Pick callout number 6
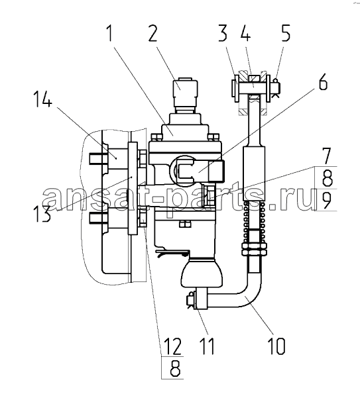(323, 81)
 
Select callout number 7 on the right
(326, 156)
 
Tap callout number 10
(276, 346)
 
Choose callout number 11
(207, 346)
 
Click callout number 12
(172, 346)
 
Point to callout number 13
(42, 214)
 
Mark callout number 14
(43, 99)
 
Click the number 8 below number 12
(175, 368)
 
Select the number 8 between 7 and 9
(326, 178)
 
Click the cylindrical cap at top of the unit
(185, 93)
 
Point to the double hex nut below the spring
(255, 249)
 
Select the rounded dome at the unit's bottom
(202, 274)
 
